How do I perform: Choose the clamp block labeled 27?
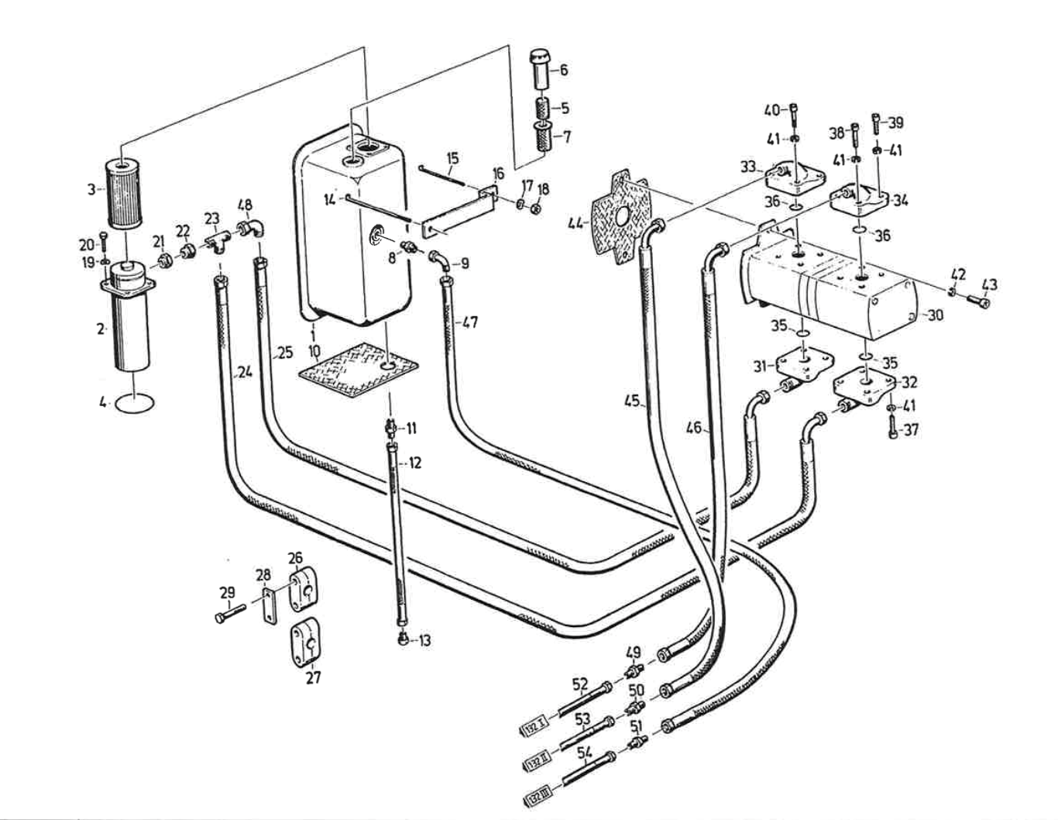[306, 641]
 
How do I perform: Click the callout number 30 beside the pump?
[936, 315]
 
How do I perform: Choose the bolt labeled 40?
[794, 114]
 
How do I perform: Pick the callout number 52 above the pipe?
[580, 684]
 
